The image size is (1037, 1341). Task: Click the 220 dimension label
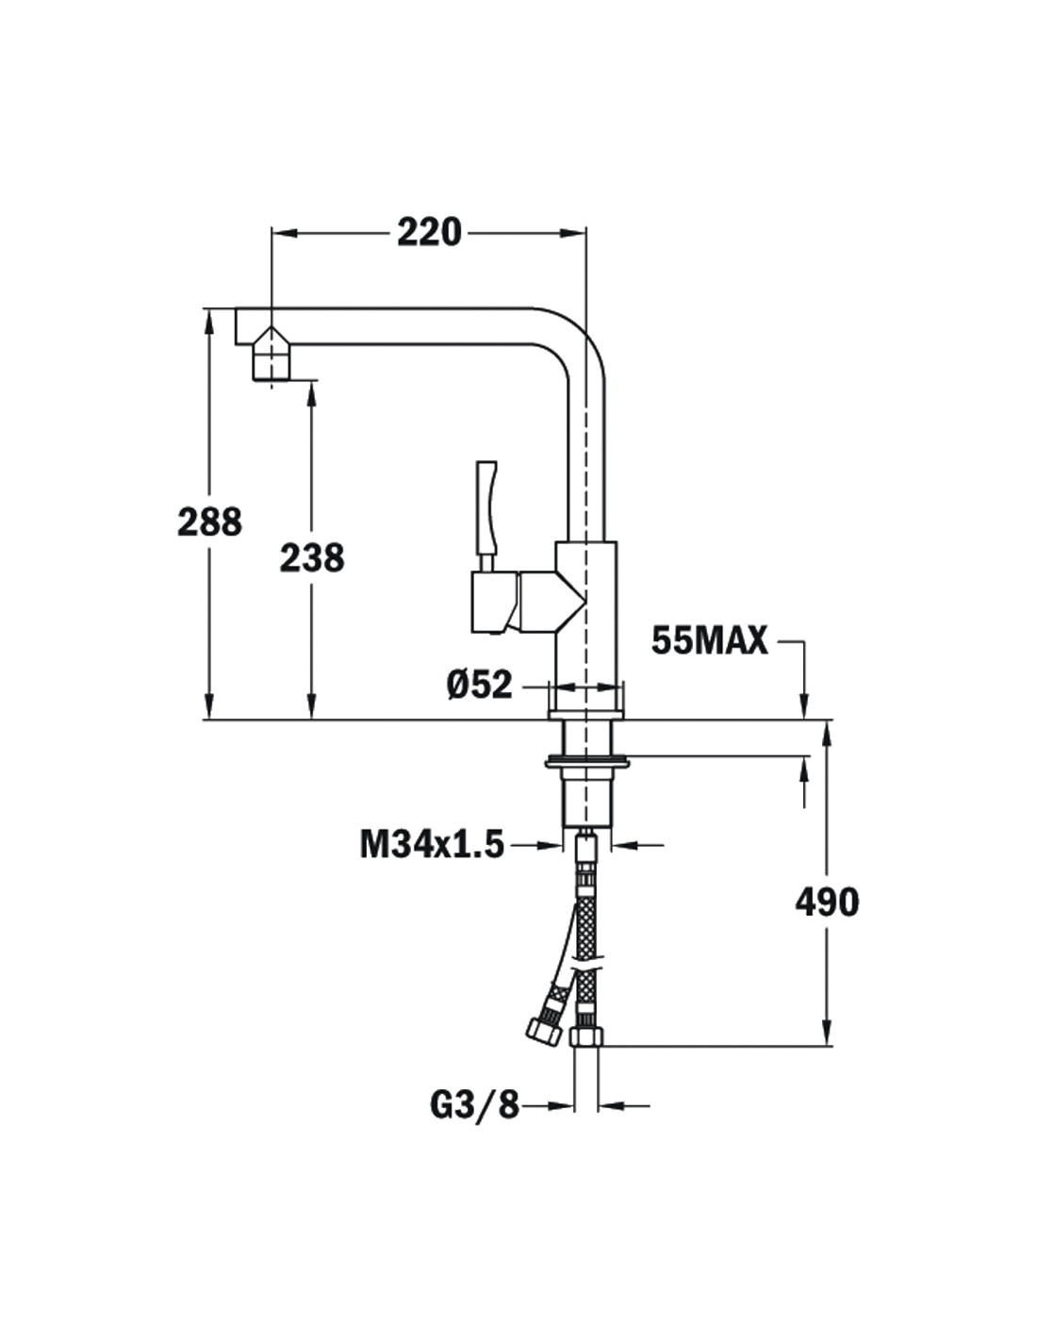pyautogui.click(x=429, y=233)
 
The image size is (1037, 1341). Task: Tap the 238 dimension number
pyautogui.click(x=312, y=557)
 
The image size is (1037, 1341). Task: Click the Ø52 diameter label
pyautogui.click(x=480, y=685)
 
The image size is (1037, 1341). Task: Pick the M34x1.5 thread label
pyautogui.click(x=432, y=845)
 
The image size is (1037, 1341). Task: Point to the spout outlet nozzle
pyautogui.click(x=271, y=358)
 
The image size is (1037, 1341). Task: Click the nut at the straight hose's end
pyautogui.click(x=586, y=1036)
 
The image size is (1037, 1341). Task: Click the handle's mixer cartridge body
pyautogui.click(x=527, y=602)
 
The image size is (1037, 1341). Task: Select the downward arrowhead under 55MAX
pyautogui.click(x=804, y=705)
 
